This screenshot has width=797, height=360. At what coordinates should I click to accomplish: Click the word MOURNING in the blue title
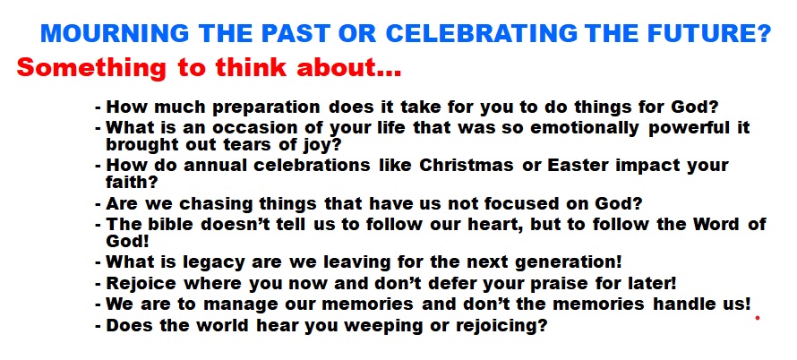click(115, 33)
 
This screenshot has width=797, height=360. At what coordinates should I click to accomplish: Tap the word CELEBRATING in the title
click(482, 33)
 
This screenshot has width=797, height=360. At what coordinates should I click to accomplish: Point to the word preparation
click(266, 108)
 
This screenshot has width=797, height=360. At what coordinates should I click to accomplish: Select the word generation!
click(569, 263)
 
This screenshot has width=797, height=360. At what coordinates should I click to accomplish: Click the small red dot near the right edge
click(758, 318)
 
